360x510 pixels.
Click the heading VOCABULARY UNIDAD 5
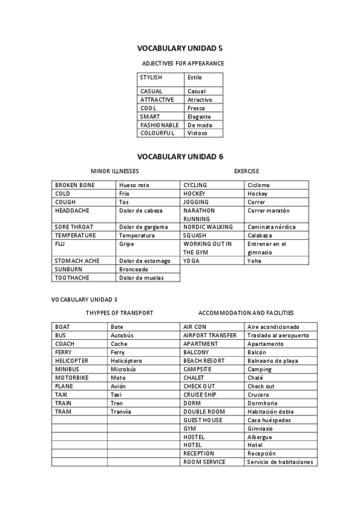coord(180,48)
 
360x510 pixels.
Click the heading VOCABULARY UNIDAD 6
coord(180,156)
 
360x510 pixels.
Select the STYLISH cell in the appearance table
coord(151,78)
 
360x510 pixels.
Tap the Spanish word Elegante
coord(199,117)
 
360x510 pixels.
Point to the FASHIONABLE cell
coord(159,125)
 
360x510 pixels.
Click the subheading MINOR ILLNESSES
coord(115,171)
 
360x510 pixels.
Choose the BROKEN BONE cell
coord(75,185)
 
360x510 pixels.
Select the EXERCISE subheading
coord(246,171)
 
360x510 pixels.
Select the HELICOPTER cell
coord(72,360)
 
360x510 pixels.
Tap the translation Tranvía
coord(121,411)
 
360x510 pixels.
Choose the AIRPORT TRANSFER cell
coord(210,335)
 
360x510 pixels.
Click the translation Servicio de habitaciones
coord(280,462)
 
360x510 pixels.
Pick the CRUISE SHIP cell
coord(200,395)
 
